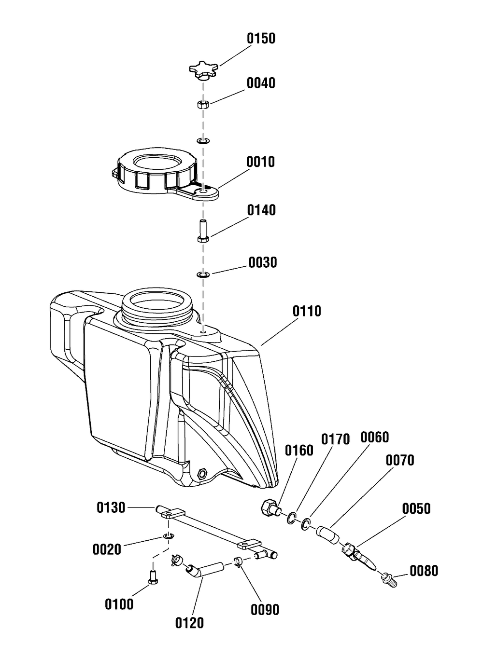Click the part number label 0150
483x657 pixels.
[261, 39]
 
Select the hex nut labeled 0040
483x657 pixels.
[203, 104]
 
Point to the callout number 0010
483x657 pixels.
[260, 162]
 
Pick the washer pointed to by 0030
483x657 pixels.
[203, 275]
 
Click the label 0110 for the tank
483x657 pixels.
[307, 311]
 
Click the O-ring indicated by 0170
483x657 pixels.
[292, 518]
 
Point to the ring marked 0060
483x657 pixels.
[306, 524]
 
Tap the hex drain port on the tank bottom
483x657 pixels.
[202, 473]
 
